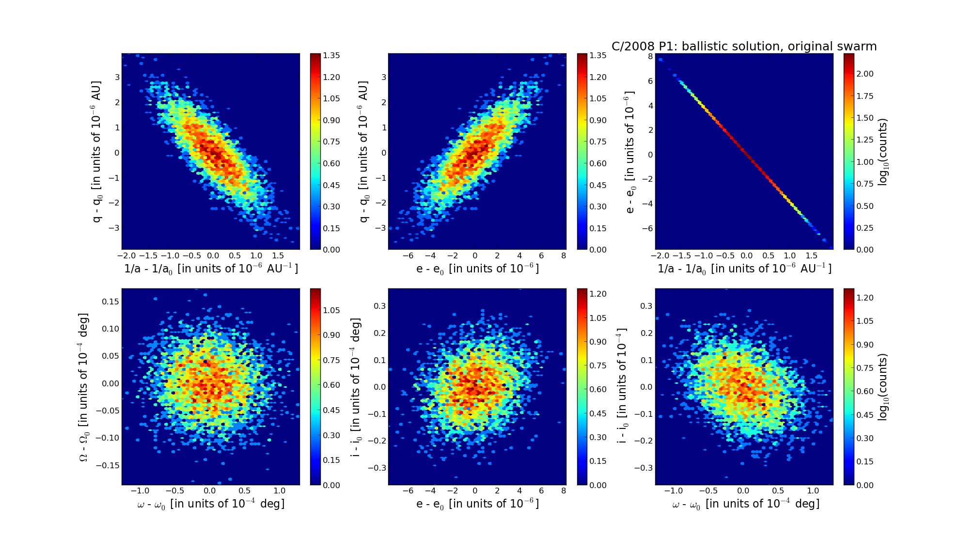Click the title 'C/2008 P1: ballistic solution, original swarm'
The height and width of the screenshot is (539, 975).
click(744, 47)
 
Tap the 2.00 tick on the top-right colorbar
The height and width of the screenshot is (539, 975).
click(865, 74)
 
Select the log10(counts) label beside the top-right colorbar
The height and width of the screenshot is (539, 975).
click(883, 152)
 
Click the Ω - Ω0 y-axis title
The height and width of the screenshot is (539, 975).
click(85, 387)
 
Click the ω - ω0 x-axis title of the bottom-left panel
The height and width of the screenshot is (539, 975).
click(211, 504)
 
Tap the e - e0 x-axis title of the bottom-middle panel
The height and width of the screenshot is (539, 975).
click(477, 504)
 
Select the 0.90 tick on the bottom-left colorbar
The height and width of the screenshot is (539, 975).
click(331, 335)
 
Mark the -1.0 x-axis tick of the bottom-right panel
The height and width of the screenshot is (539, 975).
click(673, 491)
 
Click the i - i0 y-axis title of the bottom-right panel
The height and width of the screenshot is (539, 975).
click(622, 387)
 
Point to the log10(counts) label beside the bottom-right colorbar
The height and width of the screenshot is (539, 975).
click(883, 387)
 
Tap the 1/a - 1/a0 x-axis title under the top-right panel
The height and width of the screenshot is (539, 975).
click(744, 269)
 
